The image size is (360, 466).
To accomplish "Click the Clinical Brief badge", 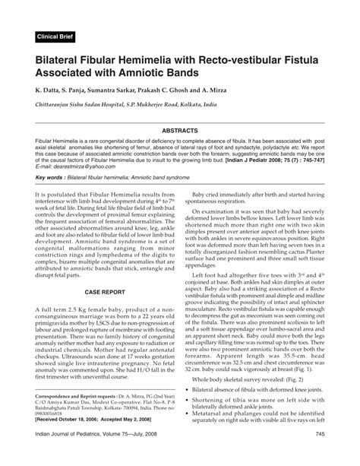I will [x=58, y=36].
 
